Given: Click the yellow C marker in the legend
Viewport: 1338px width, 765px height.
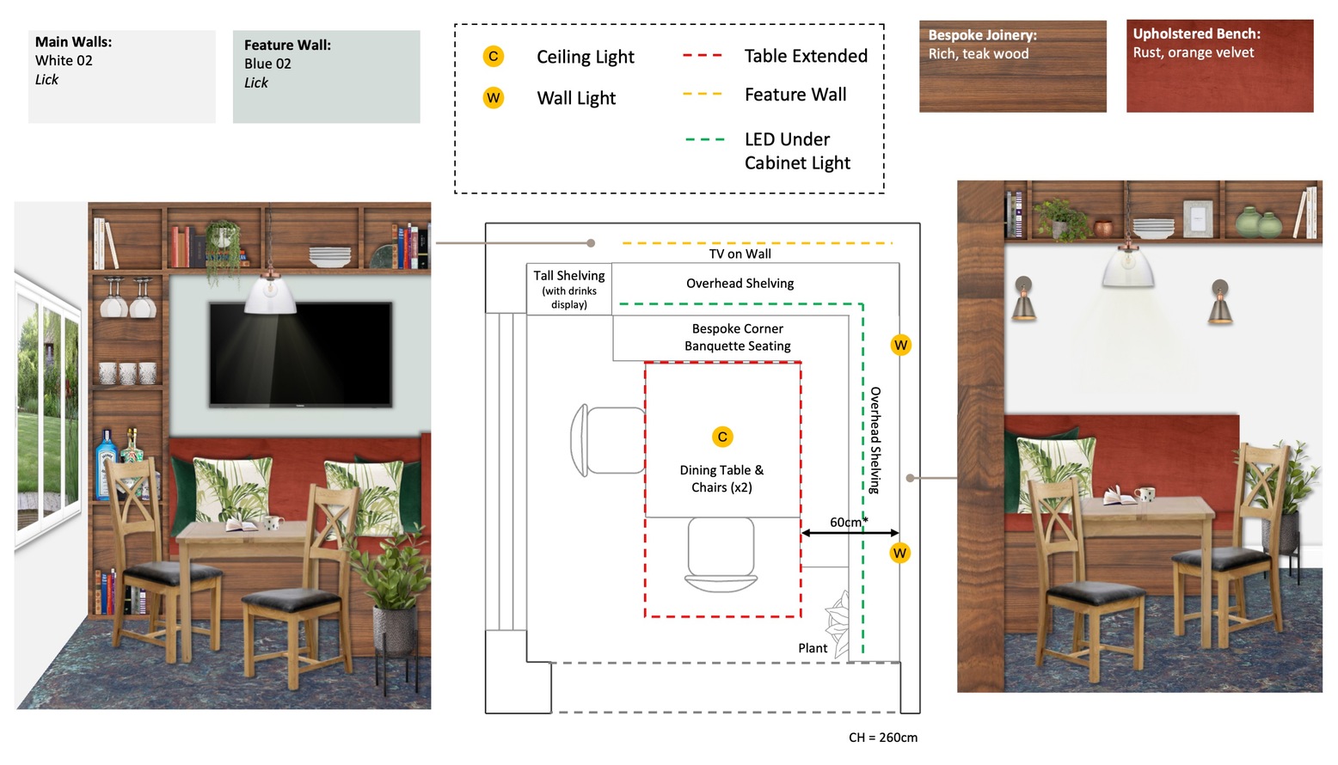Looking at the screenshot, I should pyautogui.click(x=493, y=57).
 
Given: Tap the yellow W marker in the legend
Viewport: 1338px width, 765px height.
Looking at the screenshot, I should pyautogui.click(x=493, y=97).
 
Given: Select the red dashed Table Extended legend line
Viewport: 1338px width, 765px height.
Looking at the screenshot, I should pyautogui.click(x=702, y=56).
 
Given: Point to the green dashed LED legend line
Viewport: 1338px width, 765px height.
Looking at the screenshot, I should pyautogui.click(x=704, y=139).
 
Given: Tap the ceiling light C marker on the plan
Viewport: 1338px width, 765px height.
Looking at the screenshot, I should pyautogui.click(x=722, y=437).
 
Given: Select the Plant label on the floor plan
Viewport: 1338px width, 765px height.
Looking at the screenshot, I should pyautogui.click(x=813, y=648).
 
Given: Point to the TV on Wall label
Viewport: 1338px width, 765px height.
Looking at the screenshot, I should pyautogui.click(x=740, y=254).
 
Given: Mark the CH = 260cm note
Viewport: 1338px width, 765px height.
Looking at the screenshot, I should pyautogui.click(x=882, y=737).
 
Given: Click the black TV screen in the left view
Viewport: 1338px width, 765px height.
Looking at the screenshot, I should pyautogui.click(x=300, y=353).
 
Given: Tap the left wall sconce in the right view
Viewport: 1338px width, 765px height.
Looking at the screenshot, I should pyautogui.click(x=1023, y=298).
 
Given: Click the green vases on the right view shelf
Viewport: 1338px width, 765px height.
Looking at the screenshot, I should pyautogui.click(x=1258, y=223).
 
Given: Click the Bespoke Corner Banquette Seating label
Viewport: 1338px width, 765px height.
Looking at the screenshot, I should pyautogui.click(x=737, y=337).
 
